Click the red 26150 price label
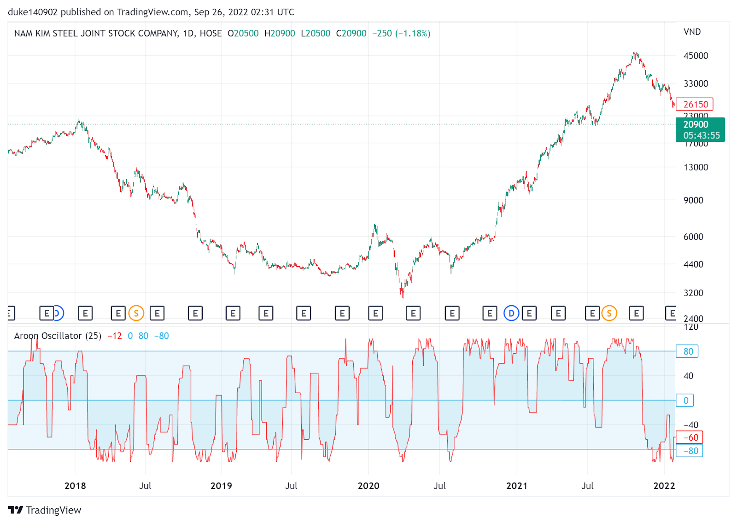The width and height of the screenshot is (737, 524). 695,104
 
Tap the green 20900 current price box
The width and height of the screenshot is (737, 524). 700,129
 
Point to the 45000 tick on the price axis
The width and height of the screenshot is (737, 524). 696,56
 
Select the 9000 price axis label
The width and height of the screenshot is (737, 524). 693,200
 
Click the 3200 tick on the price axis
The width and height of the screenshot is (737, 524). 693,293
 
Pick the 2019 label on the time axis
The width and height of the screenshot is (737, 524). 221,486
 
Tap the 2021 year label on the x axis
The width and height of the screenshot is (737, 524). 517,486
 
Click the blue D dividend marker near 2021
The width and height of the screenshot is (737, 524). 511,314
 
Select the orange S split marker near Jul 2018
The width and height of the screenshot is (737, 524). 136,314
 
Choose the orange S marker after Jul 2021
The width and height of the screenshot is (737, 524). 609,314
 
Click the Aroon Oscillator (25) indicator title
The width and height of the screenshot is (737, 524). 58,336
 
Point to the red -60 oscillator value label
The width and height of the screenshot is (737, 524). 690,437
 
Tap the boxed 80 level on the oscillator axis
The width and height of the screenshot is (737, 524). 687,351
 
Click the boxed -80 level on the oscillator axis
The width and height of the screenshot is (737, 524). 690,451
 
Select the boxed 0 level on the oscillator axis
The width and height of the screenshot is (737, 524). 685,401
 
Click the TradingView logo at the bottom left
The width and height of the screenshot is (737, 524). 45,510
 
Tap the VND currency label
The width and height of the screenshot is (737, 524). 692,32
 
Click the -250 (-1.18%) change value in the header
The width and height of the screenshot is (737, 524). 401,34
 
